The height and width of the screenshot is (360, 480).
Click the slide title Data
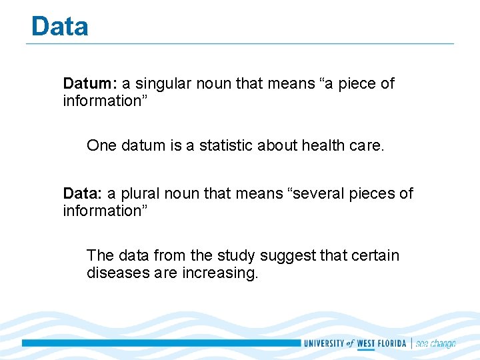click(x=59, y=27)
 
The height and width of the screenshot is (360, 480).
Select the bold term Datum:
click(x=90, y=84)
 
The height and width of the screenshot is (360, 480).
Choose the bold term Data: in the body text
click(x=83, y=194)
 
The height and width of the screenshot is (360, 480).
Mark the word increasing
click(x=219, y=273)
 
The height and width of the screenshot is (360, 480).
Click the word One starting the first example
click(x=101, y=146)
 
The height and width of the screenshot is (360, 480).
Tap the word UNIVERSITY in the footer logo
click(x=324, y=344)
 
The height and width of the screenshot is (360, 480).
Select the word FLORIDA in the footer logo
click(x=391, y=344)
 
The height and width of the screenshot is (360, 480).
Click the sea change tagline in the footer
click(x=435, y=344)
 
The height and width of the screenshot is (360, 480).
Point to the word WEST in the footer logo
click(x=366, y=344)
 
